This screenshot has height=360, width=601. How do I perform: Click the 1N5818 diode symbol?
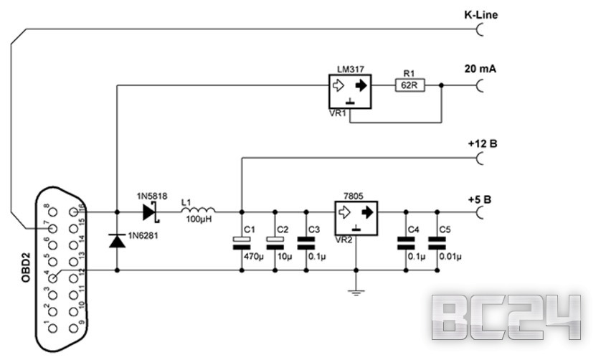click(x=151, y=212)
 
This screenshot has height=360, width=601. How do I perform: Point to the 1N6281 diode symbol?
click(x=117, y=241)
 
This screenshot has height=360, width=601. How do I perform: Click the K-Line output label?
click(x=481, y=14)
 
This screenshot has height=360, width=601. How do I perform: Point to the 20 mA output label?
click(x=481, y=70)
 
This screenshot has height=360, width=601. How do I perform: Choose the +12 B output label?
click(x=483, y=143)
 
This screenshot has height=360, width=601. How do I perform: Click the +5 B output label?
click(x=481, y=199)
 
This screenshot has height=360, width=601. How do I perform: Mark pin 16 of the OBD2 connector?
click(x=73, y=212)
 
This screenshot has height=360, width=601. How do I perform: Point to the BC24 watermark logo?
click(x=508, y=316)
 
